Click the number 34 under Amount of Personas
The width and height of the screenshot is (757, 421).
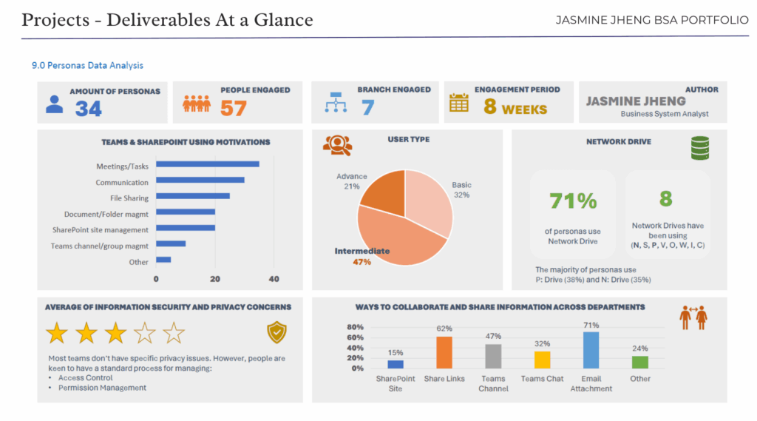(88, 109)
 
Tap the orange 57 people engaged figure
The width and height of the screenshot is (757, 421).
(233, 109)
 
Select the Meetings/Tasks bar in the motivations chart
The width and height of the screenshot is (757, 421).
(207, 164)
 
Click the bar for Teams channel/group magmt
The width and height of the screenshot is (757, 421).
(170, 243)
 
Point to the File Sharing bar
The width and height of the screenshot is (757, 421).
(192, 196)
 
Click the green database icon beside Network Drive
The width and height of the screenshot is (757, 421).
(699, 148)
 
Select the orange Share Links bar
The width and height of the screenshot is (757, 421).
(444, 353)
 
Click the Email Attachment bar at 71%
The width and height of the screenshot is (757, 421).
(591, 350)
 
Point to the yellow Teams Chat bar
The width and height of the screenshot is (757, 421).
(543, 360)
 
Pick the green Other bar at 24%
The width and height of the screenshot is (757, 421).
(640, 362)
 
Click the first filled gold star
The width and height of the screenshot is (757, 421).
(57, 333)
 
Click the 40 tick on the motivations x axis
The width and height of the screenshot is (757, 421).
(274, 279)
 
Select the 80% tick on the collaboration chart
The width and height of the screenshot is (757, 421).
(355, 327)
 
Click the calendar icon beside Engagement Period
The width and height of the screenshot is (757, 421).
(459, 103)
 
